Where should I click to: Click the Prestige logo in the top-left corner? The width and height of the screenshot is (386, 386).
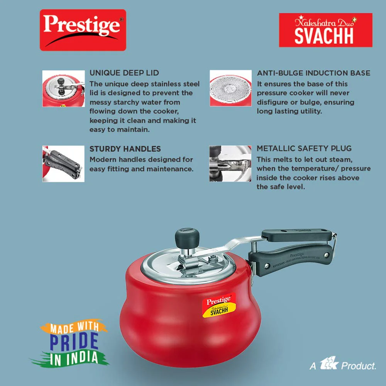(x=83, y=30)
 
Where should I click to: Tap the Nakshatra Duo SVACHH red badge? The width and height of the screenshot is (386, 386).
(x=325, y=30)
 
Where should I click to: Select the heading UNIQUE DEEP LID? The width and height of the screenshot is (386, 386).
(x=124, y=73)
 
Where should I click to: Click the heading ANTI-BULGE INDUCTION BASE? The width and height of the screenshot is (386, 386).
(x=313, y=73)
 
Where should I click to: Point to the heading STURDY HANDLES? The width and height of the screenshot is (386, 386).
(x=125, y=149)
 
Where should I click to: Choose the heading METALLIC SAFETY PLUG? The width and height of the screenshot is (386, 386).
(x=304, y=148)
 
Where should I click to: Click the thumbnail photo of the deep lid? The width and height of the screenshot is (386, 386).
(x=64, y=89)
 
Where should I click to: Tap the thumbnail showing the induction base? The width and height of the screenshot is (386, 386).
(x=231, y=88)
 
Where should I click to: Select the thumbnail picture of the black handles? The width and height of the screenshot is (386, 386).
(x=64, y=164)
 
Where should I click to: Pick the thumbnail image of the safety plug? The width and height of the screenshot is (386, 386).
(x=230, y=163)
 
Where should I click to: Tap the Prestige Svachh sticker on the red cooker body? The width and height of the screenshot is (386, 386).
(x=219, y=305)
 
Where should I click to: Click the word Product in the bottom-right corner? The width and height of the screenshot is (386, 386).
(x=359, y=366)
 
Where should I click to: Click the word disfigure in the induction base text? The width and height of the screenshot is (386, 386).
(x=271, y=102)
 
